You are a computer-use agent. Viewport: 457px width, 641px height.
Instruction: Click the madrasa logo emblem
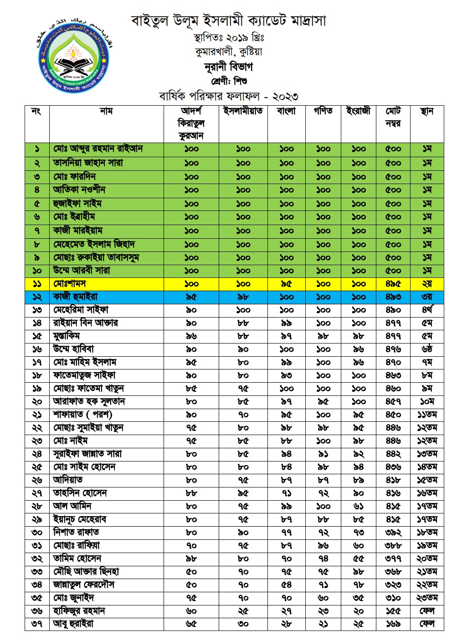coord(74,56)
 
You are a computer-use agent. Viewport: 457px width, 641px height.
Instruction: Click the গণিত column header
coord(323,111)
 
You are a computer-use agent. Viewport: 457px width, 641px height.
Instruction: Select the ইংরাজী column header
coord(359,111)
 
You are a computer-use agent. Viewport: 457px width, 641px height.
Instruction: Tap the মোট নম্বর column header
coord(393,117)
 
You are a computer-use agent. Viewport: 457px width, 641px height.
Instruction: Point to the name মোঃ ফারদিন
coord(74,176)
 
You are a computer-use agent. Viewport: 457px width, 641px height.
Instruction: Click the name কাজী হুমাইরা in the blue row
coord(75,297)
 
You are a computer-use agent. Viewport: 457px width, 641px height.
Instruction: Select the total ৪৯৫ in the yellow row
coord(393,283)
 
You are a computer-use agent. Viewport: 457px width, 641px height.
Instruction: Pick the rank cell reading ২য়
coord(427,283)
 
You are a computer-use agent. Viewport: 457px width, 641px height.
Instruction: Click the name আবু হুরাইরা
coord(73,624)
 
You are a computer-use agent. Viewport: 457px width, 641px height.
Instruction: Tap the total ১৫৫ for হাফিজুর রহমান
coord(393,610)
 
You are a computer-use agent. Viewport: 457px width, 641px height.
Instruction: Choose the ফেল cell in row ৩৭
coord(427,624)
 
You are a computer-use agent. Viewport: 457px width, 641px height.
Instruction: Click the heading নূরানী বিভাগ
coord(228,67)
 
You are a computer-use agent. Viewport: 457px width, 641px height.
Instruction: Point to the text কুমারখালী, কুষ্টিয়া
coord(228,51)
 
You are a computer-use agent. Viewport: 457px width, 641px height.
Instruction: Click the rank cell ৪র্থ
coord(427,310)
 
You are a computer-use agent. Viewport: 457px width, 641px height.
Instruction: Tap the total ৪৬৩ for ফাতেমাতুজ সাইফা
coord(393,375)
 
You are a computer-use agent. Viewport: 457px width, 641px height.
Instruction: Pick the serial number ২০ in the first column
coord(37,401)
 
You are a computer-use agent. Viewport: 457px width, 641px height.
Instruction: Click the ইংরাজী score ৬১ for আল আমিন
coord(359,506)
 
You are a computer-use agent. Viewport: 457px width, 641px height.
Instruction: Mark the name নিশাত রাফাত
coord(76,532)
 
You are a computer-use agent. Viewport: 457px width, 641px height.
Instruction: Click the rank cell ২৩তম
coord(427,598)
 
